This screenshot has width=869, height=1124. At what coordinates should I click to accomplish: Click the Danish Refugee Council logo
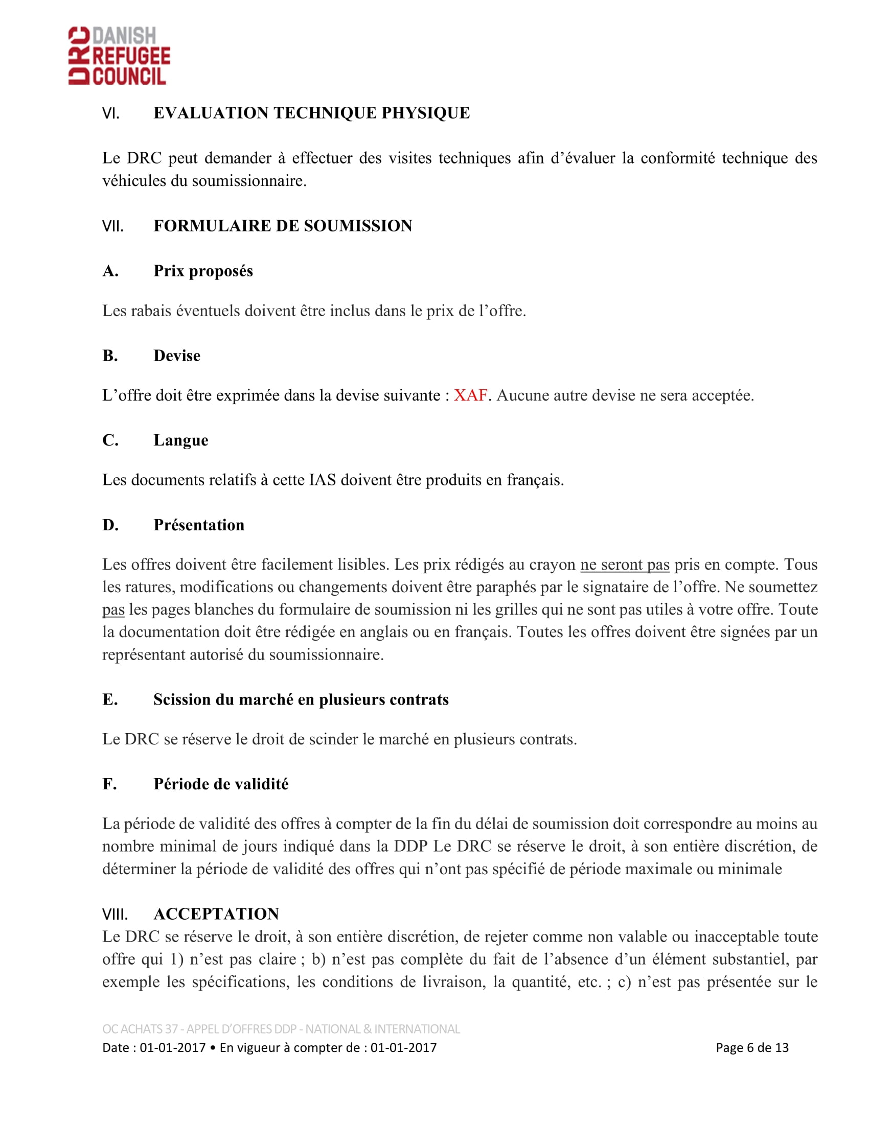tap(119, 56)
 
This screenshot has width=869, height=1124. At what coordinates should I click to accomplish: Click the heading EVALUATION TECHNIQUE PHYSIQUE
tap(311, 113)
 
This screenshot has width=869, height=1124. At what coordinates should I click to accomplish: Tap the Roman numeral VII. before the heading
tap(113, 226)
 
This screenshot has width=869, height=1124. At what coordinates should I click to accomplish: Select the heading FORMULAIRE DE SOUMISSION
tap(283, 226)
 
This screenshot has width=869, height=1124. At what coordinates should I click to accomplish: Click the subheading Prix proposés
tap(203, 271)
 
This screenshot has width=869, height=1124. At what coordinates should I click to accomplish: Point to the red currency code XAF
tap(470, 395)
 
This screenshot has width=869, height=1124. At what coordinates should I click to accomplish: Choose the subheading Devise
tap(176, 356)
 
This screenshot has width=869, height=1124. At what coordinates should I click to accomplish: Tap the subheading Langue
tap(180, 440)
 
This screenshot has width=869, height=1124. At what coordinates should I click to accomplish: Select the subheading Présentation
tap(199, 525)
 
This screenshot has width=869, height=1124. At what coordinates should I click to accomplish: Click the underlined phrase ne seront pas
tap(625, 565)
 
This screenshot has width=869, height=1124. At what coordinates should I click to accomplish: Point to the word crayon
tap(553, 565)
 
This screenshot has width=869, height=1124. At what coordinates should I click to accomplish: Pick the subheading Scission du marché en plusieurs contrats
tap(301, 699)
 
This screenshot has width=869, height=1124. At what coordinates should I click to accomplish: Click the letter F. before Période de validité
tap(109, 784)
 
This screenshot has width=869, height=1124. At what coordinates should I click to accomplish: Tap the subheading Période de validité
tap(221, 784)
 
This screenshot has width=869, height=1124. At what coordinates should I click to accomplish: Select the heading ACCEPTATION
tap(216, 914)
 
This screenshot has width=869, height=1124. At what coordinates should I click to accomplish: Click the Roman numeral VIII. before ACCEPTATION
tap(115, 914)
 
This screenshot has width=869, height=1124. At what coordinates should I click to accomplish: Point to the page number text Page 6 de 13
tap(751, 1047)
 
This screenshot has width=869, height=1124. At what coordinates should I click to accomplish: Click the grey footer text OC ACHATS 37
tap(140, 1029)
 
